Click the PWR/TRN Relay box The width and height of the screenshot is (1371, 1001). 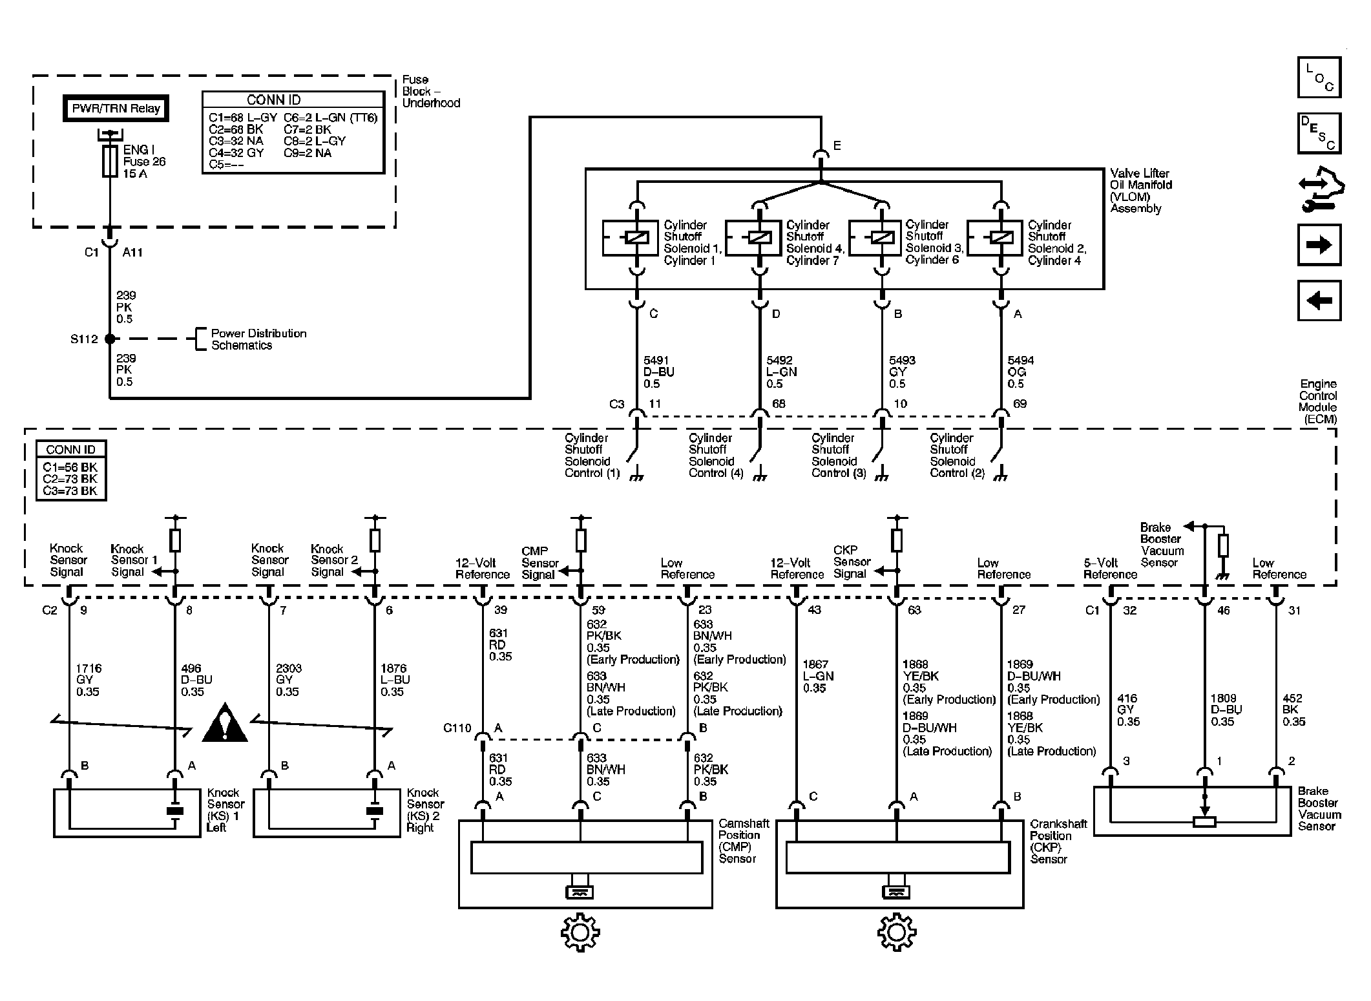(116, 109)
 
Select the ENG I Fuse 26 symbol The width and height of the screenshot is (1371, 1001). (110, 161)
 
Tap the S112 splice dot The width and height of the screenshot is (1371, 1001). (110, 339)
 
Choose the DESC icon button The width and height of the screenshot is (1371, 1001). (1319, 133)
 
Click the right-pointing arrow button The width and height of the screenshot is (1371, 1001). (1319, 245)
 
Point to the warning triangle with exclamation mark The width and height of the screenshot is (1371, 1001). (225, 722)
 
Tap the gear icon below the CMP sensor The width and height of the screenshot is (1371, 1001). (580, 933)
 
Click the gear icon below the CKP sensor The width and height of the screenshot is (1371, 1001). (897, 933)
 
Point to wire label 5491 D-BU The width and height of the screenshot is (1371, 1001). (659, 372)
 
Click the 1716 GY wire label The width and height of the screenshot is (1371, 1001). (89, 680)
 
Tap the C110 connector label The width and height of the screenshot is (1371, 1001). (457, 728)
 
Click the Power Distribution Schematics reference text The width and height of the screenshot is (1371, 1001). (258, 339)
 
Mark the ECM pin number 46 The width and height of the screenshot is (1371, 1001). (1224, 610)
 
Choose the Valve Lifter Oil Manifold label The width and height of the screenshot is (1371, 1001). (1141, 191)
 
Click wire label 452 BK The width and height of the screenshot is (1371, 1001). (1294, 710)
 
